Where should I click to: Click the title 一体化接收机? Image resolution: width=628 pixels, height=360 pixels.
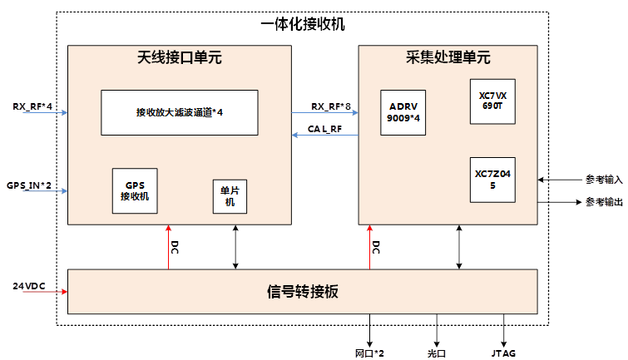pyautogui.click(x=302, y=24)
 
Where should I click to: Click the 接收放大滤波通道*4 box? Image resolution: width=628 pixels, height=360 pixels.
pyautogui.click(x=179, y=112)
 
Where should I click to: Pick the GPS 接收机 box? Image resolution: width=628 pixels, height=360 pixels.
pyautogui.click(x=135, y=190)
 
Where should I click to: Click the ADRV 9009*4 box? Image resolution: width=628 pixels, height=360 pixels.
pyautogui.click(x=403, y=112)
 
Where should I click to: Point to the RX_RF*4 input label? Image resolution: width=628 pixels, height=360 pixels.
pyautogui.click(x=32, y=106)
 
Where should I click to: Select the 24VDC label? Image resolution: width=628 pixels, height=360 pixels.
pyautogui.click(x=28, y=286)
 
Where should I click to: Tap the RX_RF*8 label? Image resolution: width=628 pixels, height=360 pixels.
pyautogui.click(x=331, y=106)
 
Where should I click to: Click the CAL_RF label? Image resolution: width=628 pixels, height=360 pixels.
pyautogui.click(x=325, y=129)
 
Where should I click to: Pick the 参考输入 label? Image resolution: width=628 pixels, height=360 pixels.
pyautogui.click(x=604, y=179)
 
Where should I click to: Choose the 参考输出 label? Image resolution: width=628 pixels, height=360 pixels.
pyautogui.click(x=604, y=201)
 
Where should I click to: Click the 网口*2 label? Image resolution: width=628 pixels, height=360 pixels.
pyautogui.click(x=369, y=353)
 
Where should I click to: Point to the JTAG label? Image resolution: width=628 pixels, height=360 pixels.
pyautogui.click(x=503, y=353)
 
